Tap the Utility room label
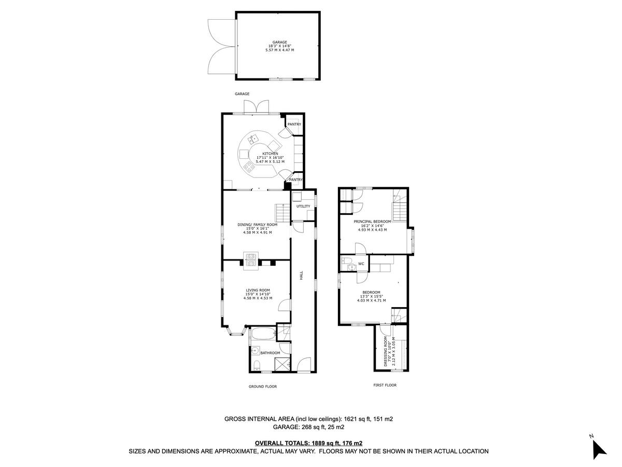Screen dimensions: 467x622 click(303, 206)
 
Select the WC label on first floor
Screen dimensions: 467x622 click(361, 264)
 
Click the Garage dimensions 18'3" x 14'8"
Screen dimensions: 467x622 click(279, 46)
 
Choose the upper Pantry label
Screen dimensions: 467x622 click(294, 124)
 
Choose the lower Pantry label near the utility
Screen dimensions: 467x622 click(296, 180)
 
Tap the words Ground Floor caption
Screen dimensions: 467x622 click(262, 386)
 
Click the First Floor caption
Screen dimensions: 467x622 click(385, 385)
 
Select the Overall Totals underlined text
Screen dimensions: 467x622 click(308, 443)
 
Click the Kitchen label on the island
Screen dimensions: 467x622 click(270, 154)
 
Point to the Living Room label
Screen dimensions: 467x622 click(258, 290)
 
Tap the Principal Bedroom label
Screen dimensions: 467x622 click(372, 222)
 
